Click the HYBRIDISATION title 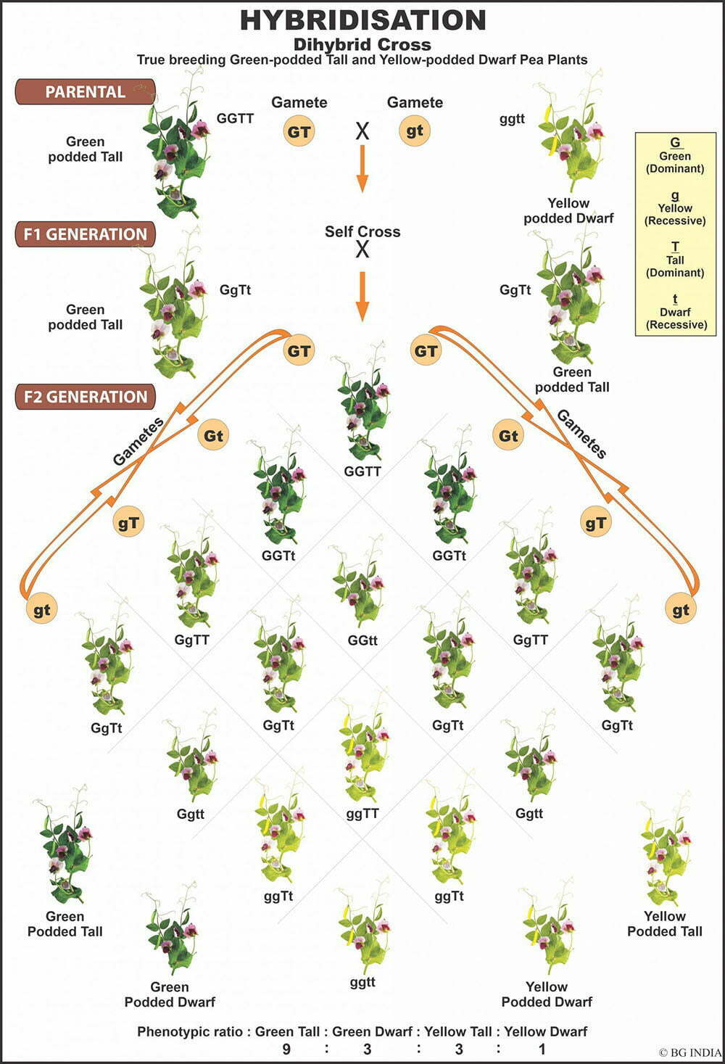pyautogui.click(x=362, y=20)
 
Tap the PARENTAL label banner pyautogui.click(x=85, y=92)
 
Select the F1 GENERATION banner pyautogui.click(x=85, y=234)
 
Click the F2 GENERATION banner pyautogui.click(x=85, y=397)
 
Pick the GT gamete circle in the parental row pyautogui.click(x=299, y=131)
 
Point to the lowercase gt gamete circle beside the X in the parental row pyautogui.click(x=414, y=131)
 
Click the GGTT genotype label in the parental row pyautogui.click(x=235, y=118)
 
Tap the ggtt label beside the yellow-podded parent pyautogui.click(x=512, y=119)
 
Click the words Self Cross pyautogui.click(x=362, y=232)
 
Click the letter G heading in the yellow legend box pyautogui.click(x=675, y=143)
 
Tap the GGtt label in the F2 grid pyautogui.click(x=362, y=641)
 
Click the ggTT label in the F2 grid pyautogui.click(x=362, y=814)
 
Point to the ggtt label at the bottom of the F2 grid pyautogui.click(x=362, y=983)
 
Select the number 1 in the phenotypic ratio pyautogui.click(x=542, y=1049)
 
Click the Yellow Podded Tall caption pyautogui.click(x=664, y=924)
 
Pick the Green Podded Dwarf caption pyautogui.click(x=170, y=994)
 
